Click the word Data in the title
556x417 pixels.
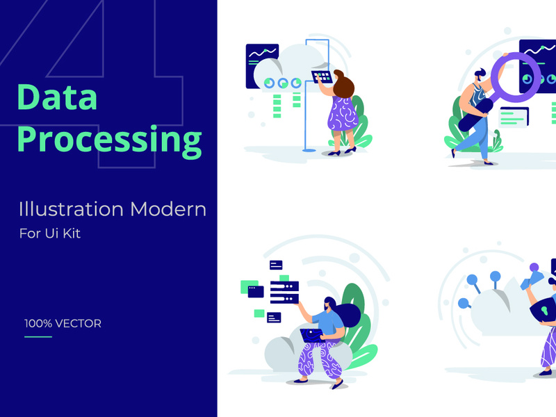(x=57, y=98)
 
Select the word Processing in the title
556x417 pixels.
(x=109, y=140)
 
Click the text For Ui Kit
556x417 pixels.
(x=50, y=234)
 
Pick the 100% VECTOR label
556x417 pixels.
(x=63, y=323)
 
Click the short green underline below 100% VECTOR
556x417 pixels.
(x=38, y=337)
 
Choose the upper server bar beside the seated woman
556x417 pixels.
(x=284, y=286)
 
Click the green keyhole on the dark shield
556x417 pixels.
(x=544, y=306)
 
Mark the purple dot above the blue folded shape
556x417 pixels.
(x=534, y=267)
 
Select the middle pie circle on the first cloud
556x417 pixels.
(x=283, y=83)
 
